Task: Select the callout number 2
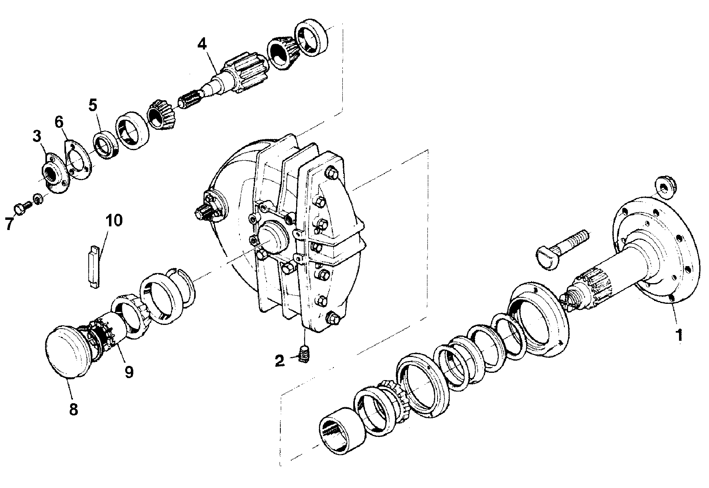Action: coord(280,360)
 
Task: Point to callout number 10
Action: coord(114,221)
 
